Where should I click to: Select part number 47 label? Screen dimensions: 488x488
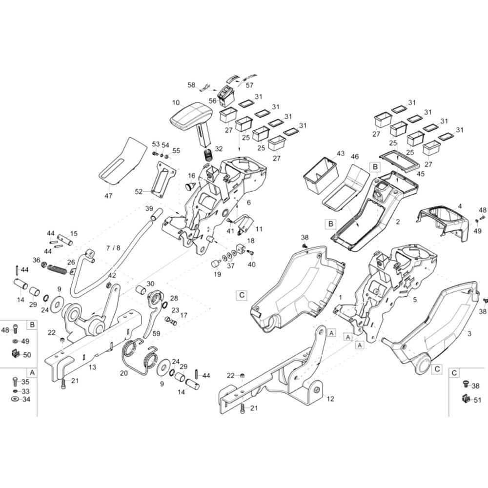(x=108, y=196)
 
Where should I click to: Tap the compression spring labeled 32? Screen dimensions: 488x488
(x=208, y=154)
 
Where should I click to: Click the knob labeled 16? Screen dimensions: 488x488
(x=189, y=186)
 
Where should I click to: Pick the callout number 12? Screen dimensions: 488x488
(x=330, y=399)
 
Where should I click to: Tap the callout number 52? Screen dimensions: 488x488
(x=139, y=191)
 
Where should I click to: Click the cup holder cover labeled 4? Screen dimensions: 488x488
(x=443, y=221)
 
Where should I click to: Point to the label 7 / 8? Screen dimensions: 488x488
(x=113, y=248)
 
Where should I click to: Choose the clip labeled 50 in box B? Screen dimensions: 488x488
(x=15, y=354)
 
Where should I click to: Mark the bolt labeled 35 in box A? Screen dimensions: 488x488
(x=15, y=382)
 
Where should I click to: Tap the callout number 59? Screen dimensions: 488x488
(x=156, y=333)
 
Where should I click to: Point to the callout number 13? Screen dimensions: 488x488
(x=92, y=367)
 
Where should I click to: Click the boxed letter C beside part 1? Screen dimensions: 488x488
(x=242, y=295)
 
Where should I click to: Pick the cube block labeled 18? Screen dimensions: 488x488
(x=242, y=249)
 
